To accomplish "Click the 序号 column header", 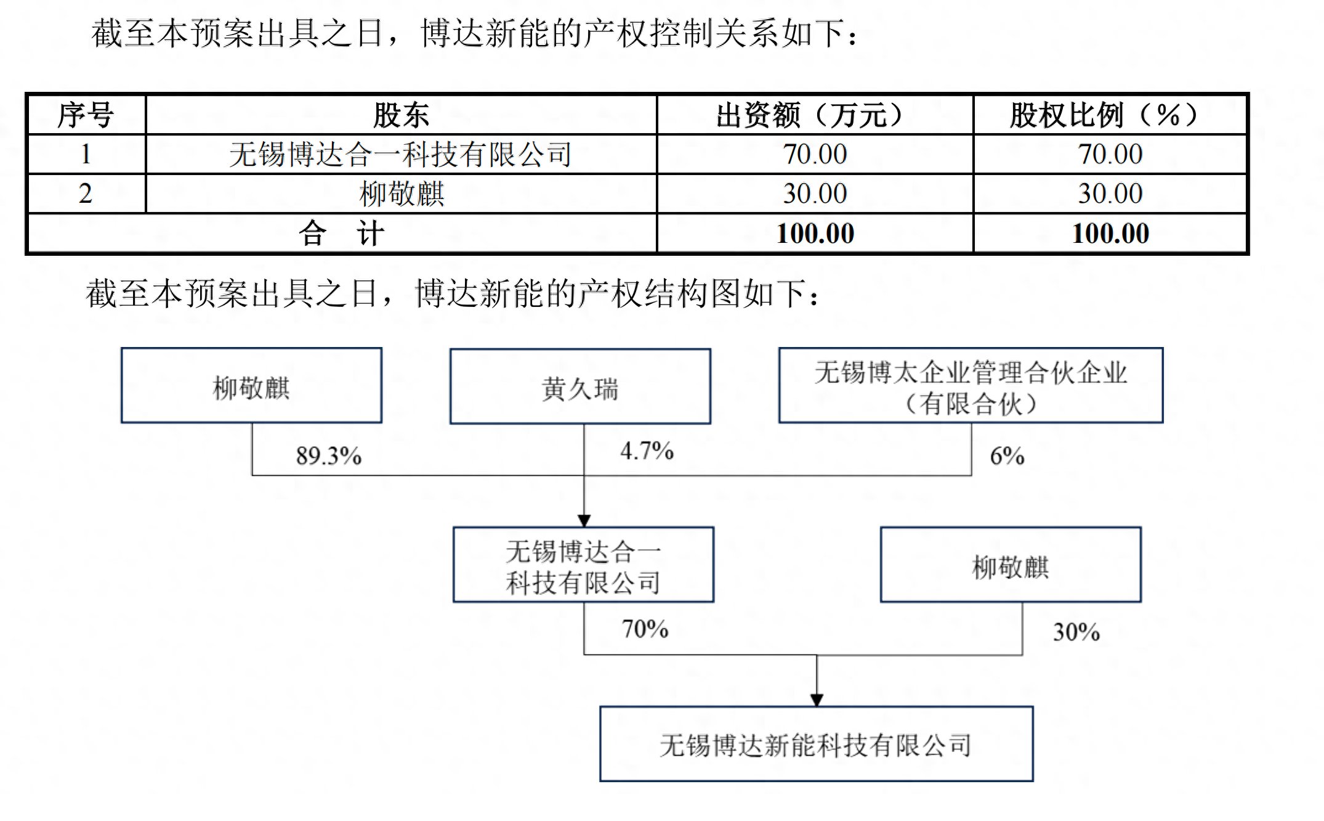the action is click(86, 115).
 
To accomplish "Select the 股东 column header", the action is click(401, 115).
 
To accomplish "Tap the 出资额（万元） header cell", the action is click(815, 115).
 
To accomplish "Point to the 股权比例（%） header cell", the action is click(1110, 115).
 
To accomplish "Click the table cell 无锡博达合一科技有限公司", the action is click(401, 154).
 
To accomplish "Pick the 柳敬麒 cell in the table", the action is click(401, 194).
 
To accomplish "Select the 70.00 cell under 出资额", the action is click(815, 154).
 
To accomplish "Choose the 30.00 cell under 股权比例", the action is click(1110, 194).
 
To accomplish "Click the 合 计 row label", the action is click(342, 233).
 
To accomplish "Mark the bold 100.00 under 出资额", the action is click(815, 233).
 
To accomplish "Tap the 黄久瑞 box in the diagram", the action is click(580, 386).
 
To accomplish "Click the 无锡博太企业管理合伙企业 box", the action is click(971, 385).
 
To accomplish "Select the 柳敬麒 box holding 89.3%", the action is click(251, 385).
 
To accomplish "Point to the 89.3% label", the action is click(328, 456).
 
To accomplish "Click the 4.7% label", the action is click(647, 451).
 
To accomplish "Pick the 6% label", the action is click(1007, 456).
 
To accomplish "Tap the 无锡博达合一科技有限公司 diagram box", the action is click(583, 565).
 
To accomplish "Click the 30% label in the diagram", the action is click(1076, 632).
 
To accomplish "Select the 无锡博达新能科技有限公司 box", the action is click(816, 744).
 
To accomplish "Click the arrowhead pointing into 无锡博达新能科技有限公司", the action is click(817, 700).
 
